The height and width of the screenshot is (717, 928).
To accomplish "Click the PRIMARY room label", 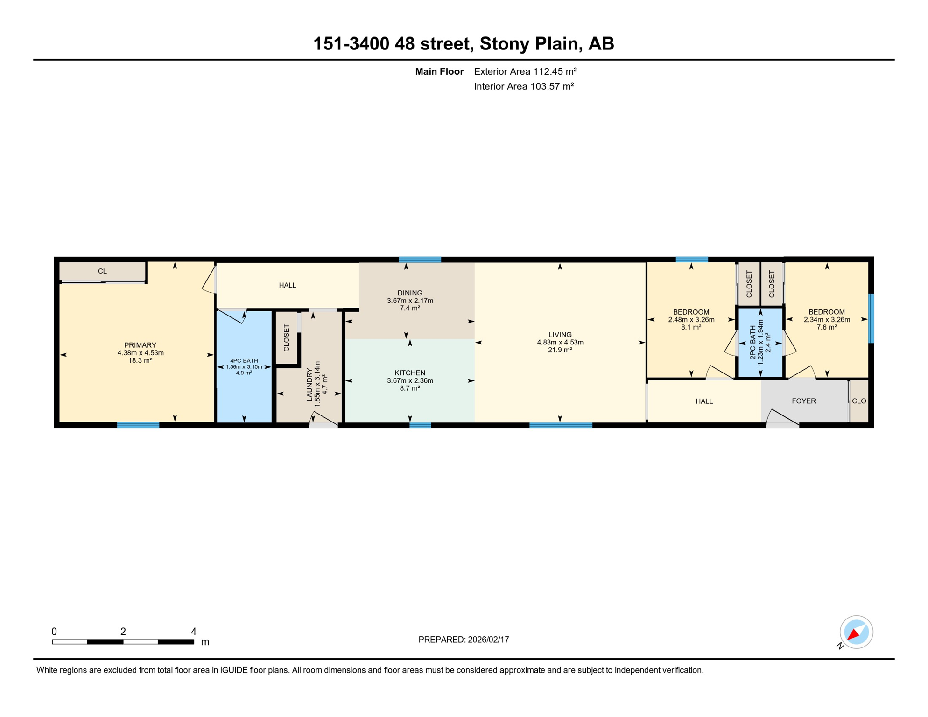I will [x=140, y=345].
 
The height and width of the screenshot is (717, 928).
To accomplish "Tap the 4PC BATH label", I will [x=244, y=361].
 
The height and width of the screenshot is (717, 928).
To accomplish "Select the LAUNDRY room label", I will [x=309, y=384].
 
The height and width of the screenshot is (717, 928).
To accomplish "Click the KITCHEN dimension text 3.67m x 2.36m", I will [x=410, y=380].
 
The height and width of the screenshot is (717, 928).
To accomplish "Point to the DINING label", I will [x=410, y=293].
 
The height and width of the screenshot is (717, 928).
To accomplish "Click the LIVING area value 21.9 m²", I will [x=560, y=350].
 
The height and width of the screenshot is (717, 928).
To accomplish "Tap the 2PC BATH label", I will [x=752, y=343].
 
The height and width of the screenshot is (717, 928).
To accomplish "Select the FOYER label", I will [x=803, y=401].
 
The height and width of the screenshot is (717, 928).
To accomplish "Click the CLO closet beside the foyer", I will [x=858, y=401].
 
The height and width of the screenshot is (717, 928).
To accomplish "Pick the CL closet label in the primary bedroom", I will [x=102, y=271].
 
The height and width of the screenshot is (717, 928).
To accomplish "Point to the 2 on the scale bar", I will [x=123, y=632].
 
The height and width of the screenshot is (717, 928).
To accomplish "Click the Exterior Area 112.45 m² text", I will [x=525, y=71].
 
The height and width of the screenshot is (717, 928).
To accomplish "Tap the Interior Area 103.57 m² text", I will [x=523, y=86].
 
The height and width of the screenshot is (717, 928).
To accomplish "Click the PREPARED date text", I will [x=464, y=640].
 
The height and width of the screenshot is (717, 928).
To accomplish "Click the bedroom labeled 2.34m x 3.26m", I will [x=826, y=320].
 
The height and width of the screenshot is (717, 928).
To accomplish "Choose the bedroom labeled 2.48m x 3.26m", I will [x=691, y=320].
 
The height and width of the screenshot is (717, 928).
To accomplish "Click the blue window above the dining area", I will [x=420, y=260].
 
